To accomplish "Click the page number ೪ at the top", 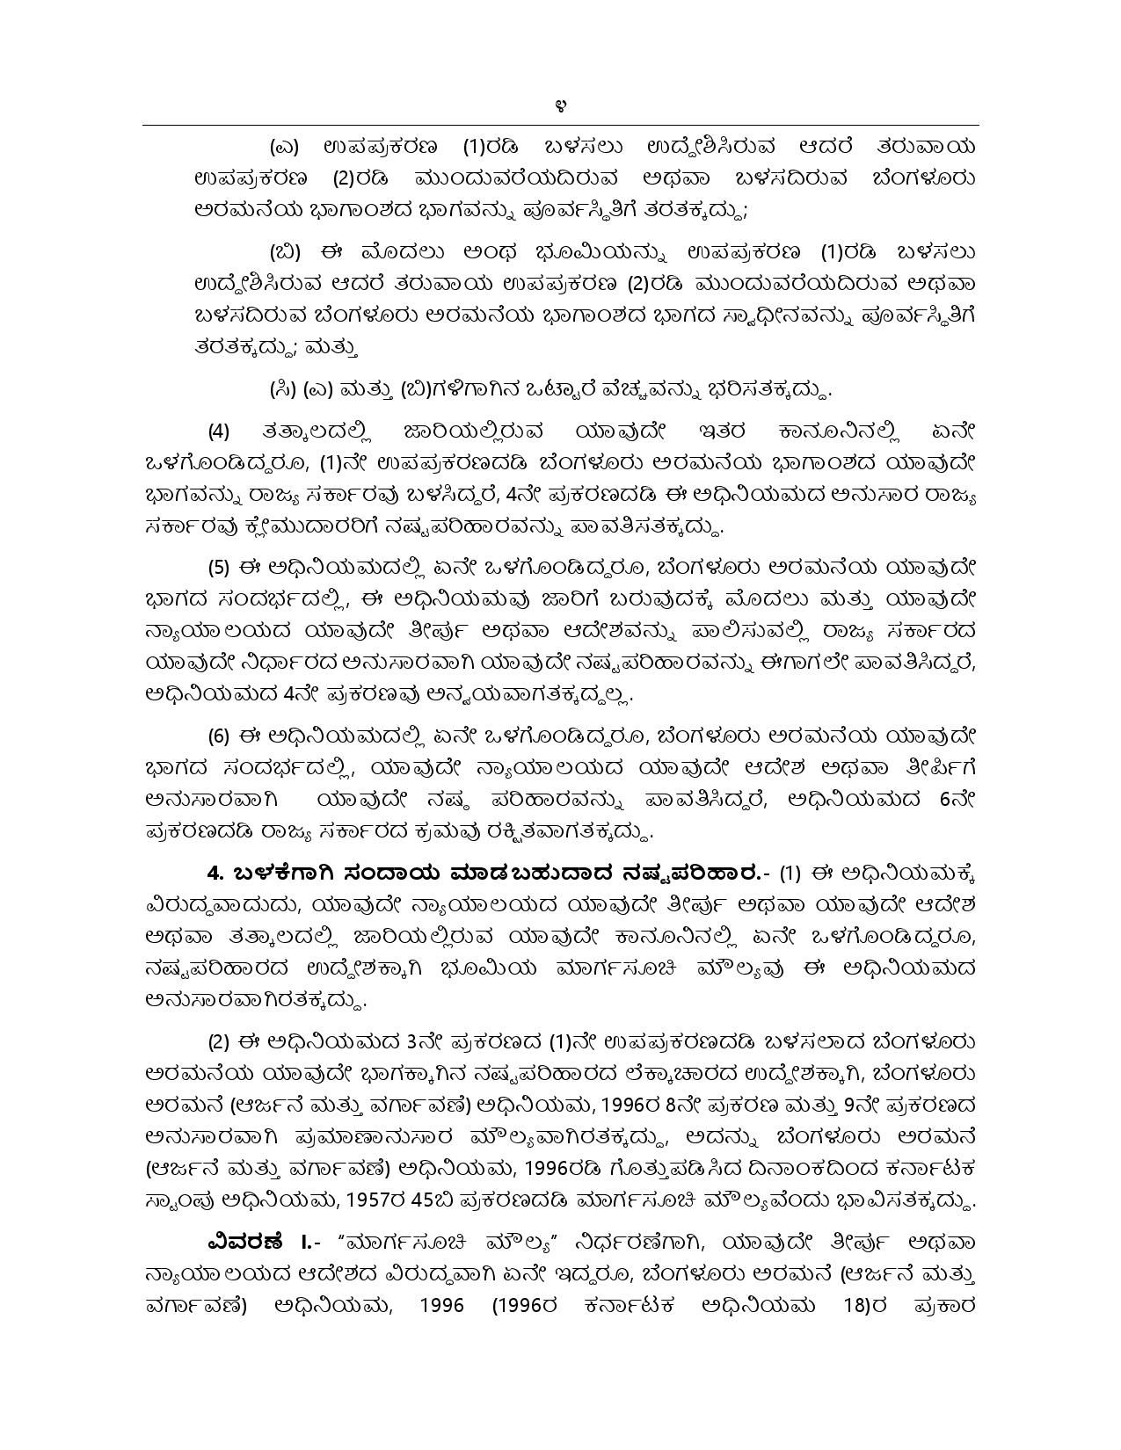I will click(x=560, y=109).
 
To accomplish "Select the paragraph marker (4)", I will click(x=219, y=431).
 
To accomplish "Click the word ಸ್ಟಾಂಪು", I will click(x=176, y=1200).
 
